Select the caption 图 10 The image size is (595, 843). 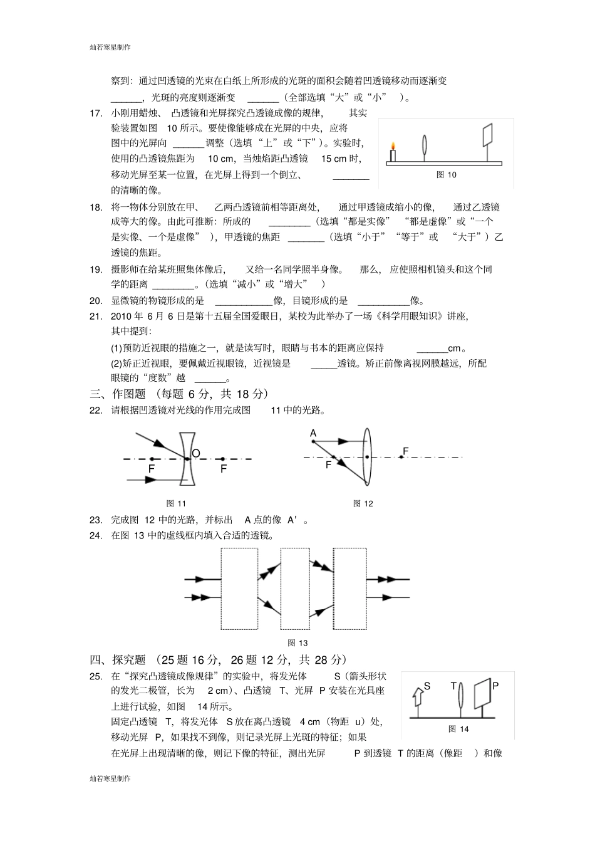click(446, 175)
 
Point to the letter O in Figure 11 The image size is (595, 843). click(196, 453)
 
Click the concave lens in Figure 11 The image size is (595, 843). click(187, 458)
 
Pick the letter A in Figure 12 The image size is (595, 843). click(313, 433)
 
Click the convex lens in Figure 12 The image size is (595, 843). click(367, 456)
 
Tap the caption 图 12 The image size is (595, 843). click(363, 503)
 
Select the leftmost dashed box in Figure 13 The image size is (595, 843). click(239, 589)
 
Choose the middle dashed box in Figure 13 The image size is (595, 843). click(295, 589)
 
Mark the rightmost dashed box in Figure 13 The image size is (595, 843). click(349, 589)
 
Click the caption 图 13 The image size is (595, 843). click(297, 642)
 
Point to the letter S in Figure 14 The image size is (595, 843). click(427, 686)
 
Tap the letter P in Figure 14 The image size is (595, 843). click(495, 686)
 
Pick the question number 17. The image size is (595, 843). click(96, 113)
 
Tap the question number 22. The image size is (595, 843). click(96, 411)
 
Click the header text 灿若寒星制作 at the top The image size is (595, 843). click(110, 47)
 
